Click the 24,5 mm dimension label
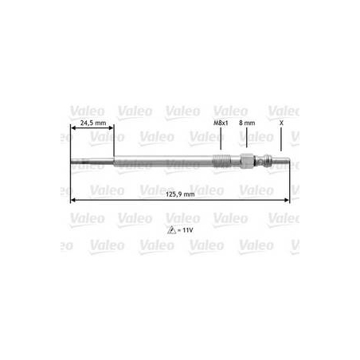click(93, 123)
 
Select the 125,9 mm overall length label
click(180, 194)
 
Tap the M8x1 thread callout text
click(221, 123)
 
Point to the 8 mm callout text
click(247, 123)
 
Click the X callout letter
click(281, 123)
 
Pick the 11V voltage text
click(187, 230)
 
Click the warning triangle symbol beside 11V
click(171, 230)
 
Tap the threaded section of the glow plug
click(221, 161)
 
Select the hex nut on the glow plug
click(247, 161)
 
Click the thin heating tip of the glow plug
click(92, 161)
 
